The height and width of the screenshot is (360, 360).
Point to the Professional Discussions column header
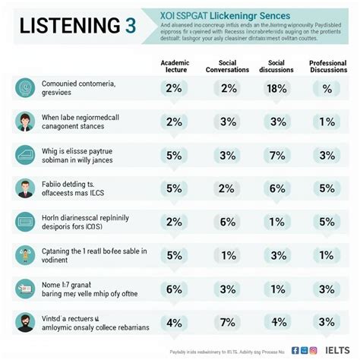click(x=328, y=65)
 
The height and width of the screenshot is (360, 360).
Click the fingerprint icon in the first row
click(x=25, y=87)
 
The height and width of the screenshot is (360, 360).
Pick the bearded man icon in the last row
click(x=25, y=321)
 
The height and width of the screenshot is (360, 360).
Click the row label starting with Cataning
click(x=94, y=254)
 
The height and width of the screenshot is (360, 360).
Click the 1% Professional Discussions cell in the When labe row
click(x=328, y=122)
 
